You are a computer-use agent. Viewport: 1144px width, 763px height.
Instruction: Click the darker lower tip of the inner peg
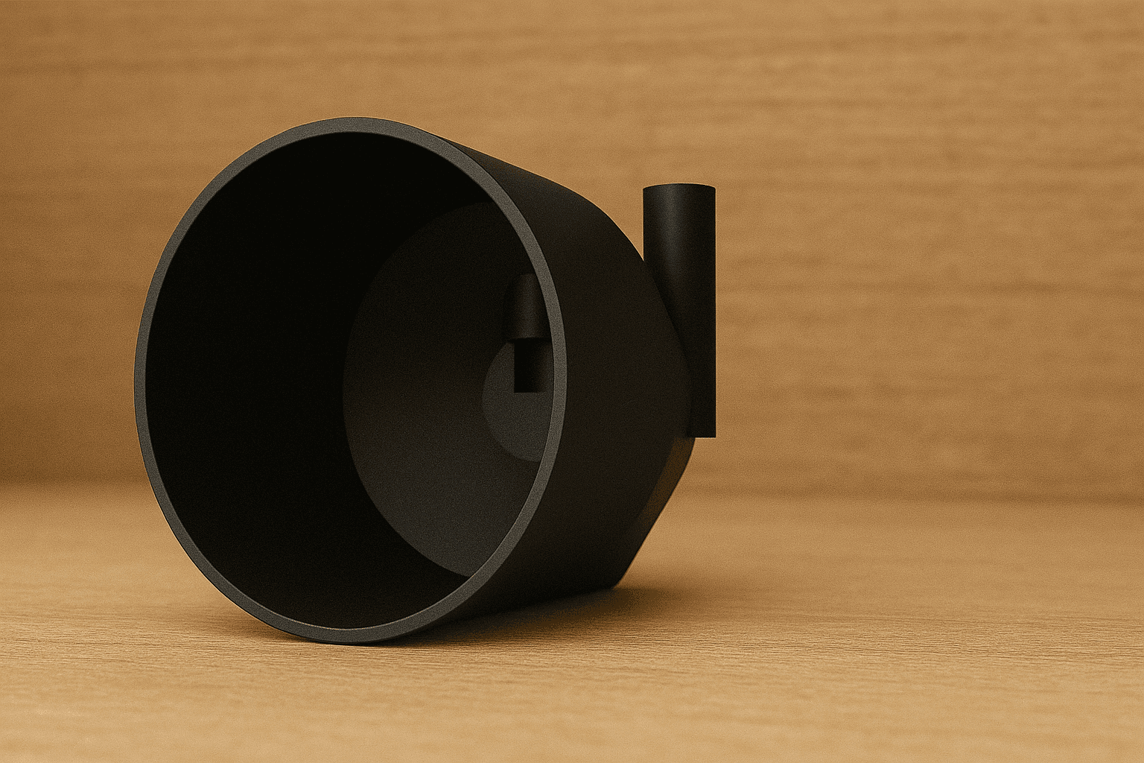pos(528,369)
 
